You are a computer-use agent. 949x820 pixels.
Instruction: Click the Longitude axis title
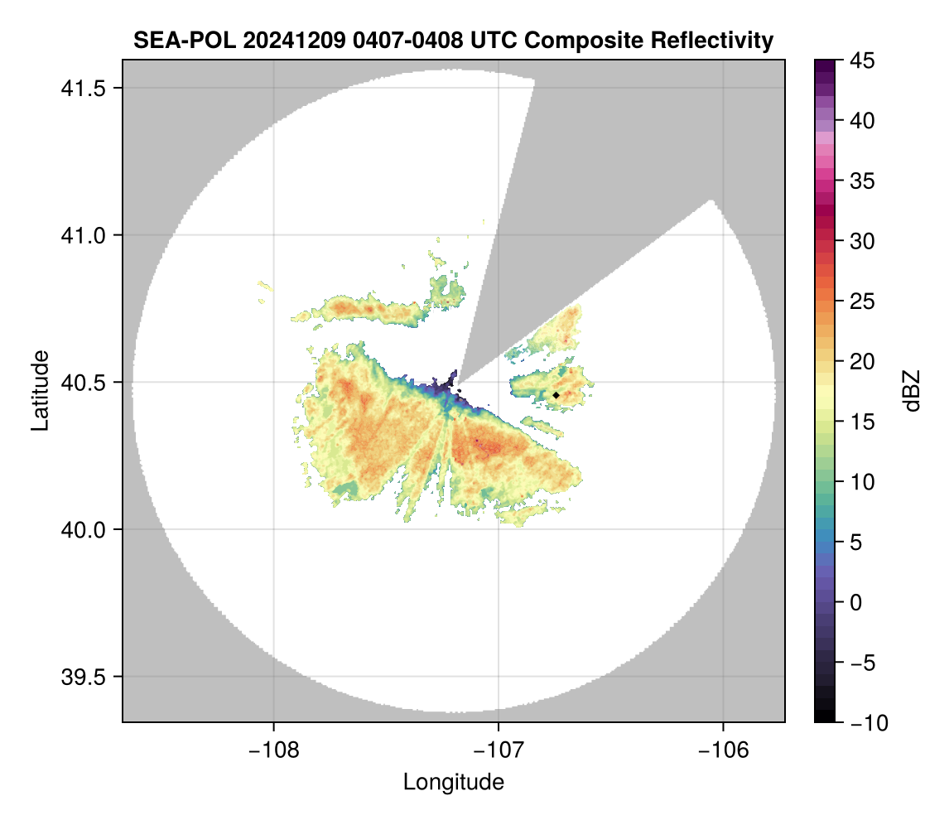[453, 782]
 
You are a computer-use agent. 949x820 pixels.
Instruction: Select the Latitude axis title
[39, 390]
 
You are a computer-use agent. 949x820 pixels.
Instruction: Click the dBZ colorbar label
[912, 391]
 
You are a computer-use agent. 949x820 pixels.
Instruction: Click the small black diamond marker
[556, 395]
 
